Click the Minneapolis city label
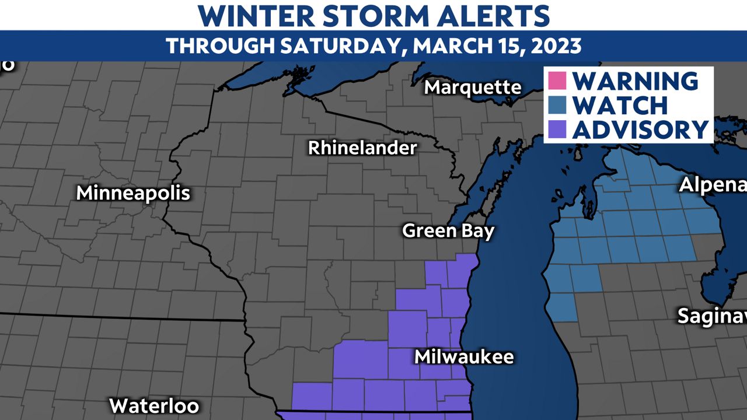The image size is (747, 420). (x=133, y=193)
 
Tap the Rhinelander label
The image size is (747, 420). (x=362, y=148)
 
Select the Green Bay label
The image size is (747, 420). (x=448, y=231)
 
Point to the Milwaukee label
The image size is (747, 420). (x=464, y=356)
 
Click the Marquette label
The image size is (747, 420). (x=473, y=87)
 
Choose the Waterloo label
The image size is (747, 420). (x=154, y=405)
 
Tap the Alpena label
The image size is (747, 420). (x=713, y=185)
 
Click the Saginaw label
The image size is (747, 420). (x=712, y=316)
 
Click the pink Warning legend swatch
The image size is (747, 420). (x=557, y=80)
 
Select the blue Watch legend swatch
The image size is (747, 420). (x=557, y=105)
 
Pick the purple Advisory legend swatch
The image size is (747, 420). (x=557, y=129)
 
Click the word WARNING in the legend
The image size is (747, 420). (x=635, y=80)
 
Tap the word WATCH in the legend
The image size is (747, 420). (x=620, y=105)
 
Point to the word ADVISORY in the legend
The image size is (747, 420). (x=640, y=129)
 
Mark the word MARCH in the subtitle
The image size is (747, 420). (x=446, y=45)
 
